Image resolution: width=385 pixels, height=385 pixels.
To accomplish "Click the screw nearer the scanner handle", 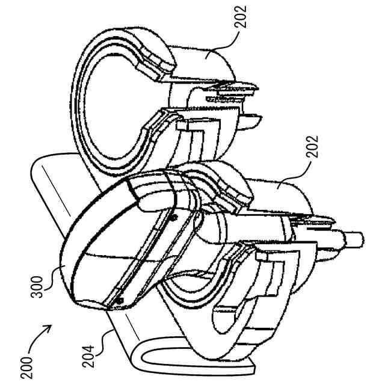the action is [174, 215].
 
